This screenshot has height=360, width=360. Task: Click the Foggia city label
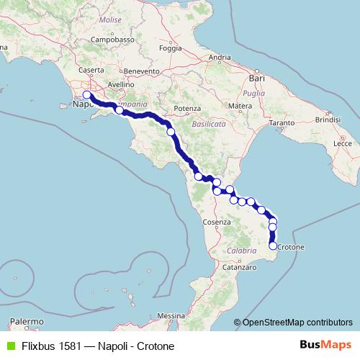[170, 49]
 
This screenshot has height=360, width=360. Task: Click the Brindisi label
[326, 120]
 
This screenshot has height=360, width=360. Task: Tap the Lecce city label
[342, 144]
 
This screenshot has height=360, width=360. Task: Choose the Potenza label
[186, 108]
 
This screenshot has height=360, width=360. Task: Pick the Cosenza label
[216, 222]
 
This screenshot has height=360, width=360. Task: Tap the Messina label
[171, 315]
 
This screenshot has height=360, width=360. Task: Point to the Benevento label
[141, 71]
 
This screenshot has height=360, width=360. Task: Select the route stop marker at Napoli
[86, 95]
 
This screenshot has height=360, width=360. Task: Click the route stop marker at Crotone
[273, 246]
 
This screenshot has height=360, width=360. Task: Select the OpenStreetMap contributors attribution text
[297, 323]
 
